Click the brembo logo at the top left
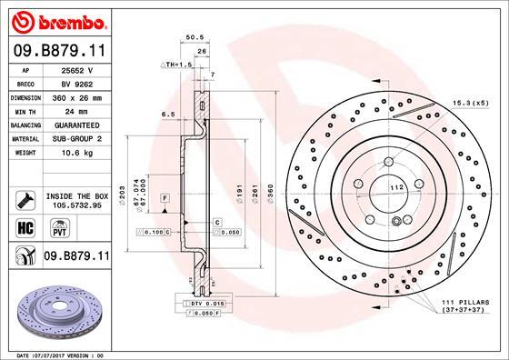point(56,20)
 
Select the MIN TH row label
point(24,109)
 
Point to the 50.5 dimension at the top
point(192,38)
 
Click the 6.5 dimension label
point(168,115)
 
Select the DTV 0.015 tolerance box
point(205,302)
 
